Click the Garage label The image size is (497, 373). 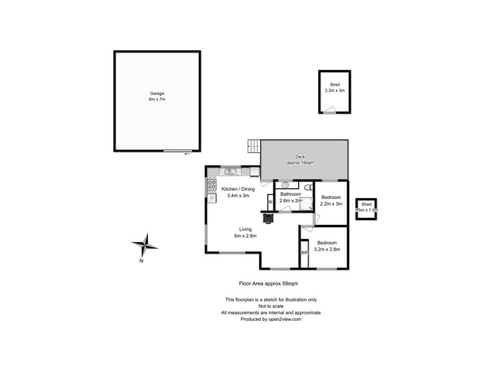click(157, 93)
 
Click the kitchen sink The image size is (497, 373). click(229, 172)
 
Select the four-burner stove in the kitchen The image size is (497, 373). click(211, 184)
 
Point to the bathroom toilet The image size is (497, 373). click(309, 186)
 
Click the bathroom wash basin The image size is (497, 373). click(286, 185)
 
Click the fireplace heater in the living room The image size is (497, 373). click(268, 218)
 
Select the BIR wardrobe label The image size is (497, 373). click(304, 253)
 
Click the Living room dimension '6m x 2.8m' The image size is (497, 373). click(245, 236)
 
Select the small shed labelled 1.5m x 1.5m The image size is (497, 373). click(366, 208)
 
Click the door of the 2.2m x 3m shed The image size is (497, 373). click(329, 111)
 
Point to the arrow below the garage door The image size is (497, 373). click(187, 154)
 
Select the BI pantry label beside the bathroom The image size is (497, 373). click(270, 202)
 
